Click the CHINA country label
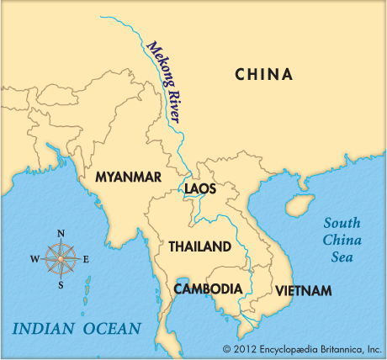[264, 75]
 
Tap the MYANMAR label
[128, 177]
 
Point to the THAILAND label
[199, 246]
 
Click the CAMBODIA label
[208, 289]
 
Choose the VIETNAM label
[304, 291]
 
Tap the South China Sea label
[342, 238]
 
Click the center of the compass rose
[61, 257]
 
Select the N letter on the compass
[61, 234]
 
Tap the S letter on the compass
[61, 283]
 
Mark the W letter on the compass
[34, 259]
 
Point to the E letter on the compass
[86, 259]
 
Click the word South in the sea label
[342, 223]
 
